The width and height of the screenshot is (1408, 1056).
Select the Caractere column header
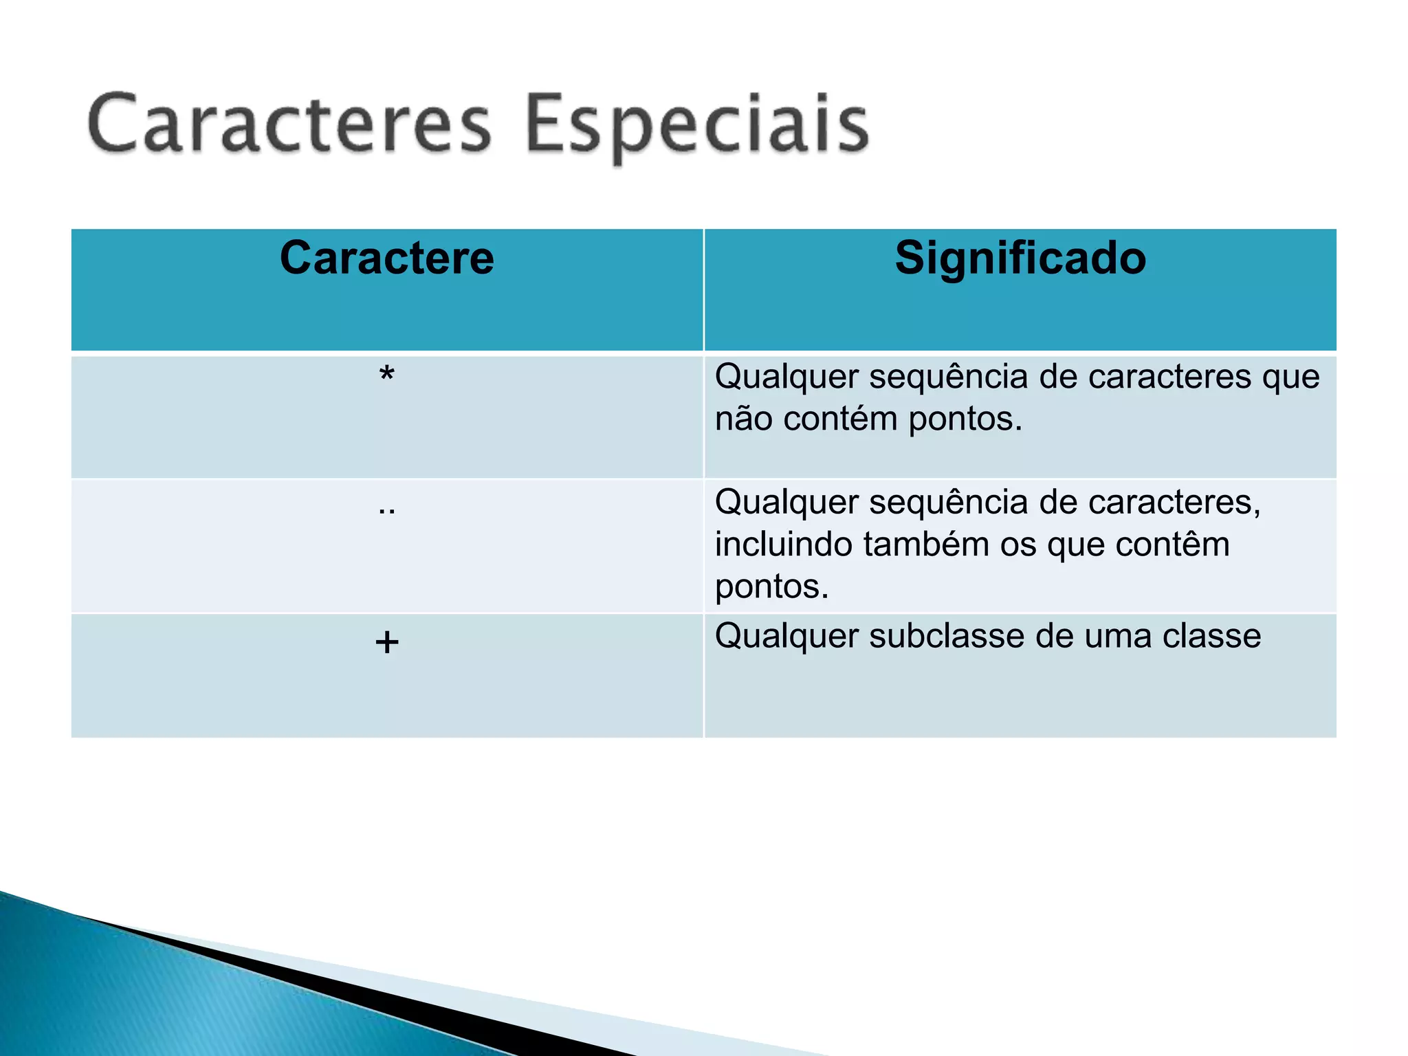pos(387,258)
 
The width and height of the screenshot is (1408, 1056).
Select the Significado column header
pos(1020,258)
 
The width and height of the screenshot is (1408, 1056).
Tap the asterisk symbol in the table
pos(387,375)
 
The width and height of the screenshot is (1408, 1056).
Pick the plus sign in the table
pos(387,642)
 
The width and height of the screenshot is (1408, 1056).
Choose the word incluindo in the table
pos(784,544)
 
